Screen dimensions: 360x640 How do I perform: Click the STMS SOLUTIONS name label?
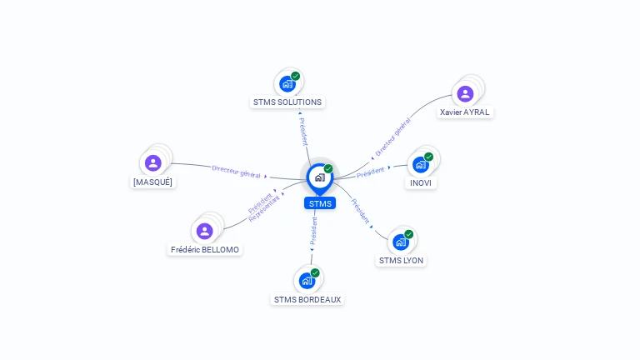point(287,102)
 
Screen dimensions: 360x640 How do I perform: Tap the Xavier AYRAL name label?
point(465,112)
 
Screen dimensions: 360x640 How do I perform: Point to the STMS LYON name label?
point(401,260)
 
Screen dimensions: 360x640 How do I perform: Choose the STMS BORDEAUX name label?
point(307,299)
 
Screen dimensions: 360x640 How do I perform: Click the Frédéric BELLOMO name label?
point(205,249)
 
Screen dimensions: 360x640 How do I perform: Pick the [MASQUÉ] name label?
point(152,182)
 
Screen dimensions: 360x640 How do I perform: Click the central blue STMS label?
point(320,203)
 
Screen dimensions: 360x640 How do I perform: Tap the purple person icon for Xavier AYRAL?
point(465,93)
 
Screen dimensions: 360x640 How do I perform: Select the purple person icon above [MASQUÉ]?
point(152,163)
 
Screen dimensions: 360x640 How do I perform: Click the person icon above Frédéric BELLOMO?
point(204,231)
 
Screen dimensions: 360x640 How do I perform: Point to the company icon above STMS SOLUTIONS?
point(287,83)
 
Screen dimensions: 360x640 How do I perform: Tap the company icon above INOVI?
point(421,164)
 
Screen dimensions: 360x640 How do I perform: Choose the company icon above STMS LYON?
point(401,242)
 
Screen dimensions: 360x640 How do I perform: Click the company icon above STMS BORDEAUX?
point(307,281)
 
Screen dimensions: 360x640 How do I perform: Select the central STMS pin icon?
point(319,177)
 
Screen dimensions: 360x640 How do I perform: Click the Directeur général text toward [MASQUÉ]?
point(237,172)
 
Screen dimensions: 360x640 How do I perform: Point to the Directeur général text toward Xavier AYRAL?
point(392,137)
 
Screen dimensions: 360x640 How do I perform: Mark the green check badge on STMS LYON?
point(409,234)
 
